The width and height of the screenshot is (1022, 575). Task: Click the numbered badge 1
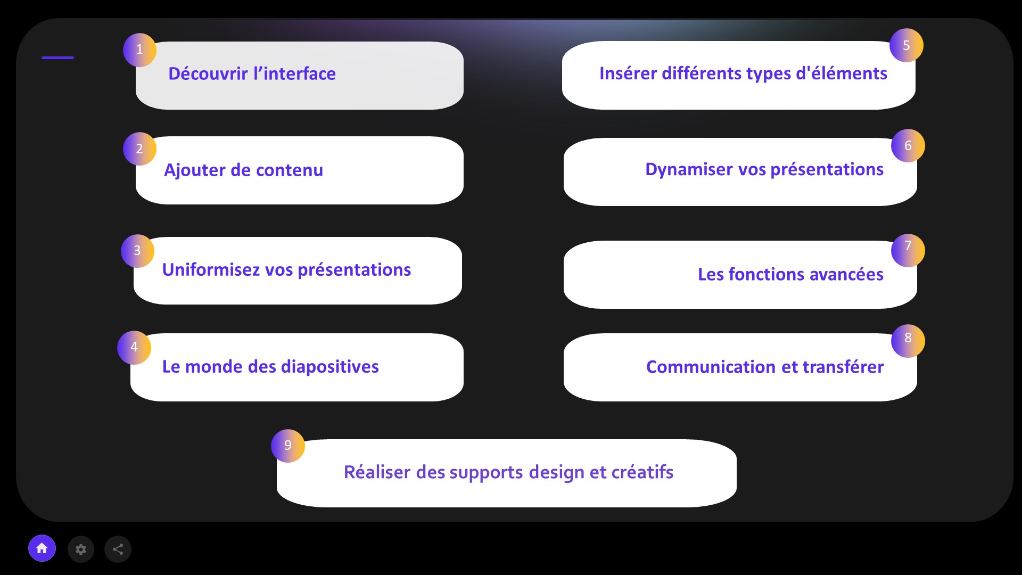click(x=139, y=50)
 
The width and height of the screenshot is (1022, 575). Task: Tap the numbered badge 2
click(x=139, y=149)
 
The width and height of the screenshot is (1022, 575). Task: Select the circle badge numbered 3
click(x=137, y=251)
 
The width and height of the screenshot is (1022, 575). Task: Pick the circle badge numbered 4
click(x=134, y=348)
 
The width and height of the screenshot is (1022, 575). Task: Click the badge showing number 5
click(x=906, y=45)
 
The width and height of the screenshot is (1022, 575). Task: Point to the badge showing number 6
click(x=908, y=145)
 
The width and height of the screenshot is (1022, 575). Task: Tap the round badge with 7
click(x=908, y=250)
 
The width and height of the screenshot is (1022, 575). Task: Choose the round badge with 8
click(x=908, y=341)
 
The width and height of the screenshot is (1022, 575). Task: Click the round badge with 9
click(x=288, y=446)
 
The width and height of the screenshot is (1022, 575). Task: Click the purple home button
click(x=42, y=548)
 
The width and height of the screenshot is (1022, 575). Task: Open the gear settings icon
click(x=81, y=549)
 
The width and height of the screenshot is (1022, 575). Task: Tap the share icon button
click(x=118, y=549)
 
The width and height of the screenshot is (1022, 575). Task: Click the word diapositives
click(x=329, y=367)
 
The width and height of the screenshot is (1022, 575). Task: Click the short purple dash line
click(x=57, y=57)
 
